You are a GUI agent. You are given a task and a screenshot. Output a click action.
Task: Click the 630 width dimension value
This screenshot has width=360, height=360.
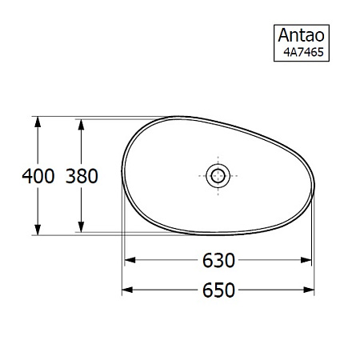point(218,261)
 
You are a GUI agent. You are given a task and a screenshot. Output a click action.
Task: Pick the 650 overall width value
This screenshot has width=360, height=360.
point(218,290)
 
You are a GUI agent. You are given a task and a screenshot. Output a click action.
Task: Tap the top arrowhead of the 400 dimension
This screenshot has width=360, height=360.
point(37,122)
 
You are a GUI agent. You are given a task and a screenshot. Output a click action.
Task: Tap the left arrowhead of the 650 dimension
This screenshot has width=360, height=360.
point(128,290)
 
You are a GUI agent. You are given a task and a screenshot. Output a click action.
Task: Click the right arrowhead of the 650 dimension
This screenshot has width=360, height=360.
point(309,290)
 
